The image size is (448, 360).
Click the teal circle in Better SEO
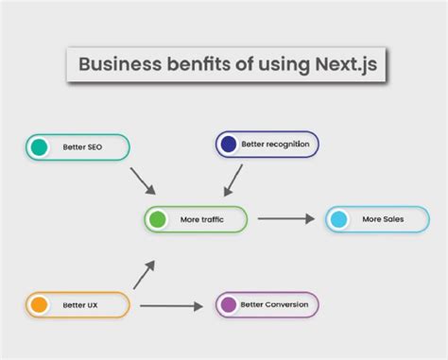point(39,146)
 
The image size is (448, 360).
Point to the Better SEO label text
point(82,147)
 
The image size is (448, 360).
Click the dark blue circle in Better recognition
point(228,144)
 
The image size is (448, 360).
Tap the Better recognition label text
point(276,145)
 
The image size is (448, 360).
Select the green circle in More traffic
point(157,220)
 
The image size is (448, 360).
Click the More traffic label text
point(202,220)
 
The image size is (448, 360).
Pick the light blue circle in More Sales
point(338,220)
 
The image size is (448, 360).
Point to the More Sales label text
point(382,220)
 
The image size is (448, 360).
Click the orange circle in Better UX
point(39,305)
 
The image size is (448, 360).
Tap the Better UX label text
point(80,305)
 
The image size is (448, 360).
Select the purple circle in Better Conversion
point(228,304)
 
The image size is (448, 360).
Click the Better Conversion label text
point(275,305)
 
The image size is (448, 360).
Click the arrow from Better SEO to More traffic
point(142,180)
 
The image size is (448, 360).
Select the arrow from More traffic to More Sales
point(285,219)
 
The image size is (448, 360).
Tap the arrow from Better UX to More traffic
point(142,275)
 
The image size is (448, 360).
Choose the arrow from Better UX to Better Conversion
point(171,305)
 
